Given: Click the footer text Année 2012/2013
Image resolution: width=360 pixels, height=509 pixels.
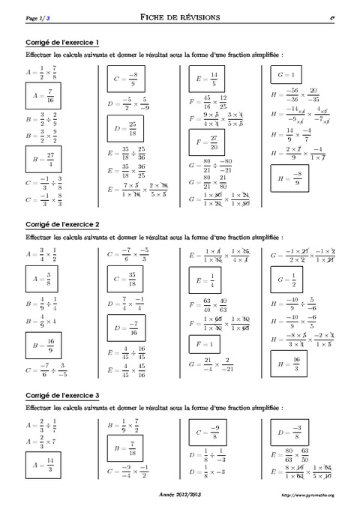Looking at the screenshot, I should (180, 495).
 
